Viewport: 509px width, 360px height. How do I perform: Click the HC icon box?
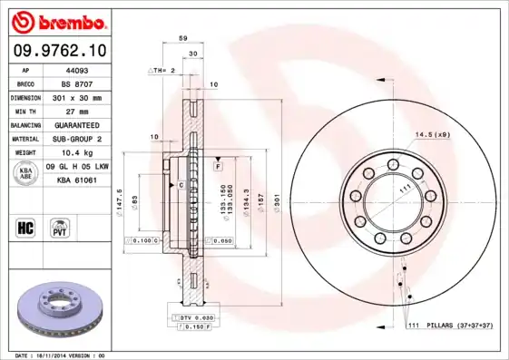[x=25, y=227]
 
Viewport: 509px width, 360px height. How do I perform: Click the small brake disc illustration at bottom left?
[x=60, y=307]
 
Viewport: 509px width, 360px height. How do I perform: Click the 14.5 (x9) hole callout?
[x=433, y=135]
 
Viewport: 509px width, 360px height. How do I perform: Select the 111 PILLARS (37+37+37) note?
[x=448, y=325]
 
